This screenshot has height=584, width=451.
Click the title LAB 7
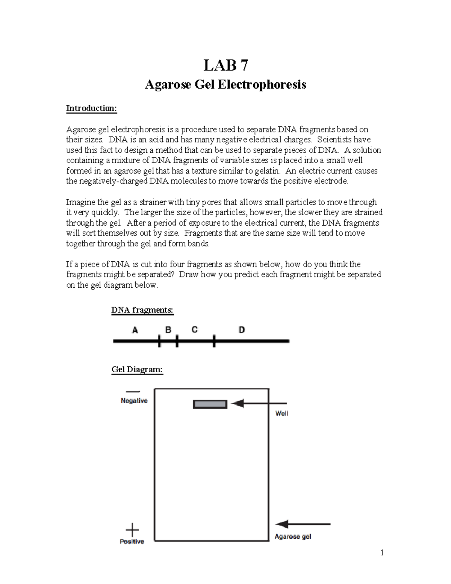click(225, 65)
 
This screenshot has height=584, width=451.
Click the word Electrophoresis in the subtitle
click(262, 85)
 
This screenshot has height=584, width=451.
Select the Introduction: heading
click(92, 109)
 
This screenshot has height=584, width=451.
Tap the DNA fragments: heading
click(142, 310)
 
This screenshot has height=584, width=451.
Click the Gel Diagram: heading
click(137, 370)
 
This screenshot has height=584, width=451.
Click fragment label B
click(168, 330)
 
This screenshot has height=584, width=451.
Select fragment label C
click(194, 330)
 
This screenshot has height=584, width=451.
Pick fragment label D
click(242, 330)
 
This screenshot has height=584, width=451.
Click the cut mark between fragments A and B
click(159, 341)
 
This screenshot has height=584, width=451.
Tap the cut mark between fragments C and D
click(214, 341)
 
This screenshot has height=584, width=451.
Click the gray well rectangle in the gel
click(210, 404)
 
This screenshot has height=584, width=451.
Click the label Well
click(281, 414)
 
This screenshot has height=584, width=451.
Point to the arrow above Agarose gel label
click(303, 524)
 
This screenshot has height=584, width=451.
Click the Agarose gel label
click(293, 537)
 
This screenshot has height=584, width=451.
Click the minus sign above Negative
click(133, 392)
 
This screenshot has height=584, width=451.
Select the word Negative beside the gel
click(134, 401)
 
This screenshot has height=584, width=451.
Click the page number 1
click(382, 552)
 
